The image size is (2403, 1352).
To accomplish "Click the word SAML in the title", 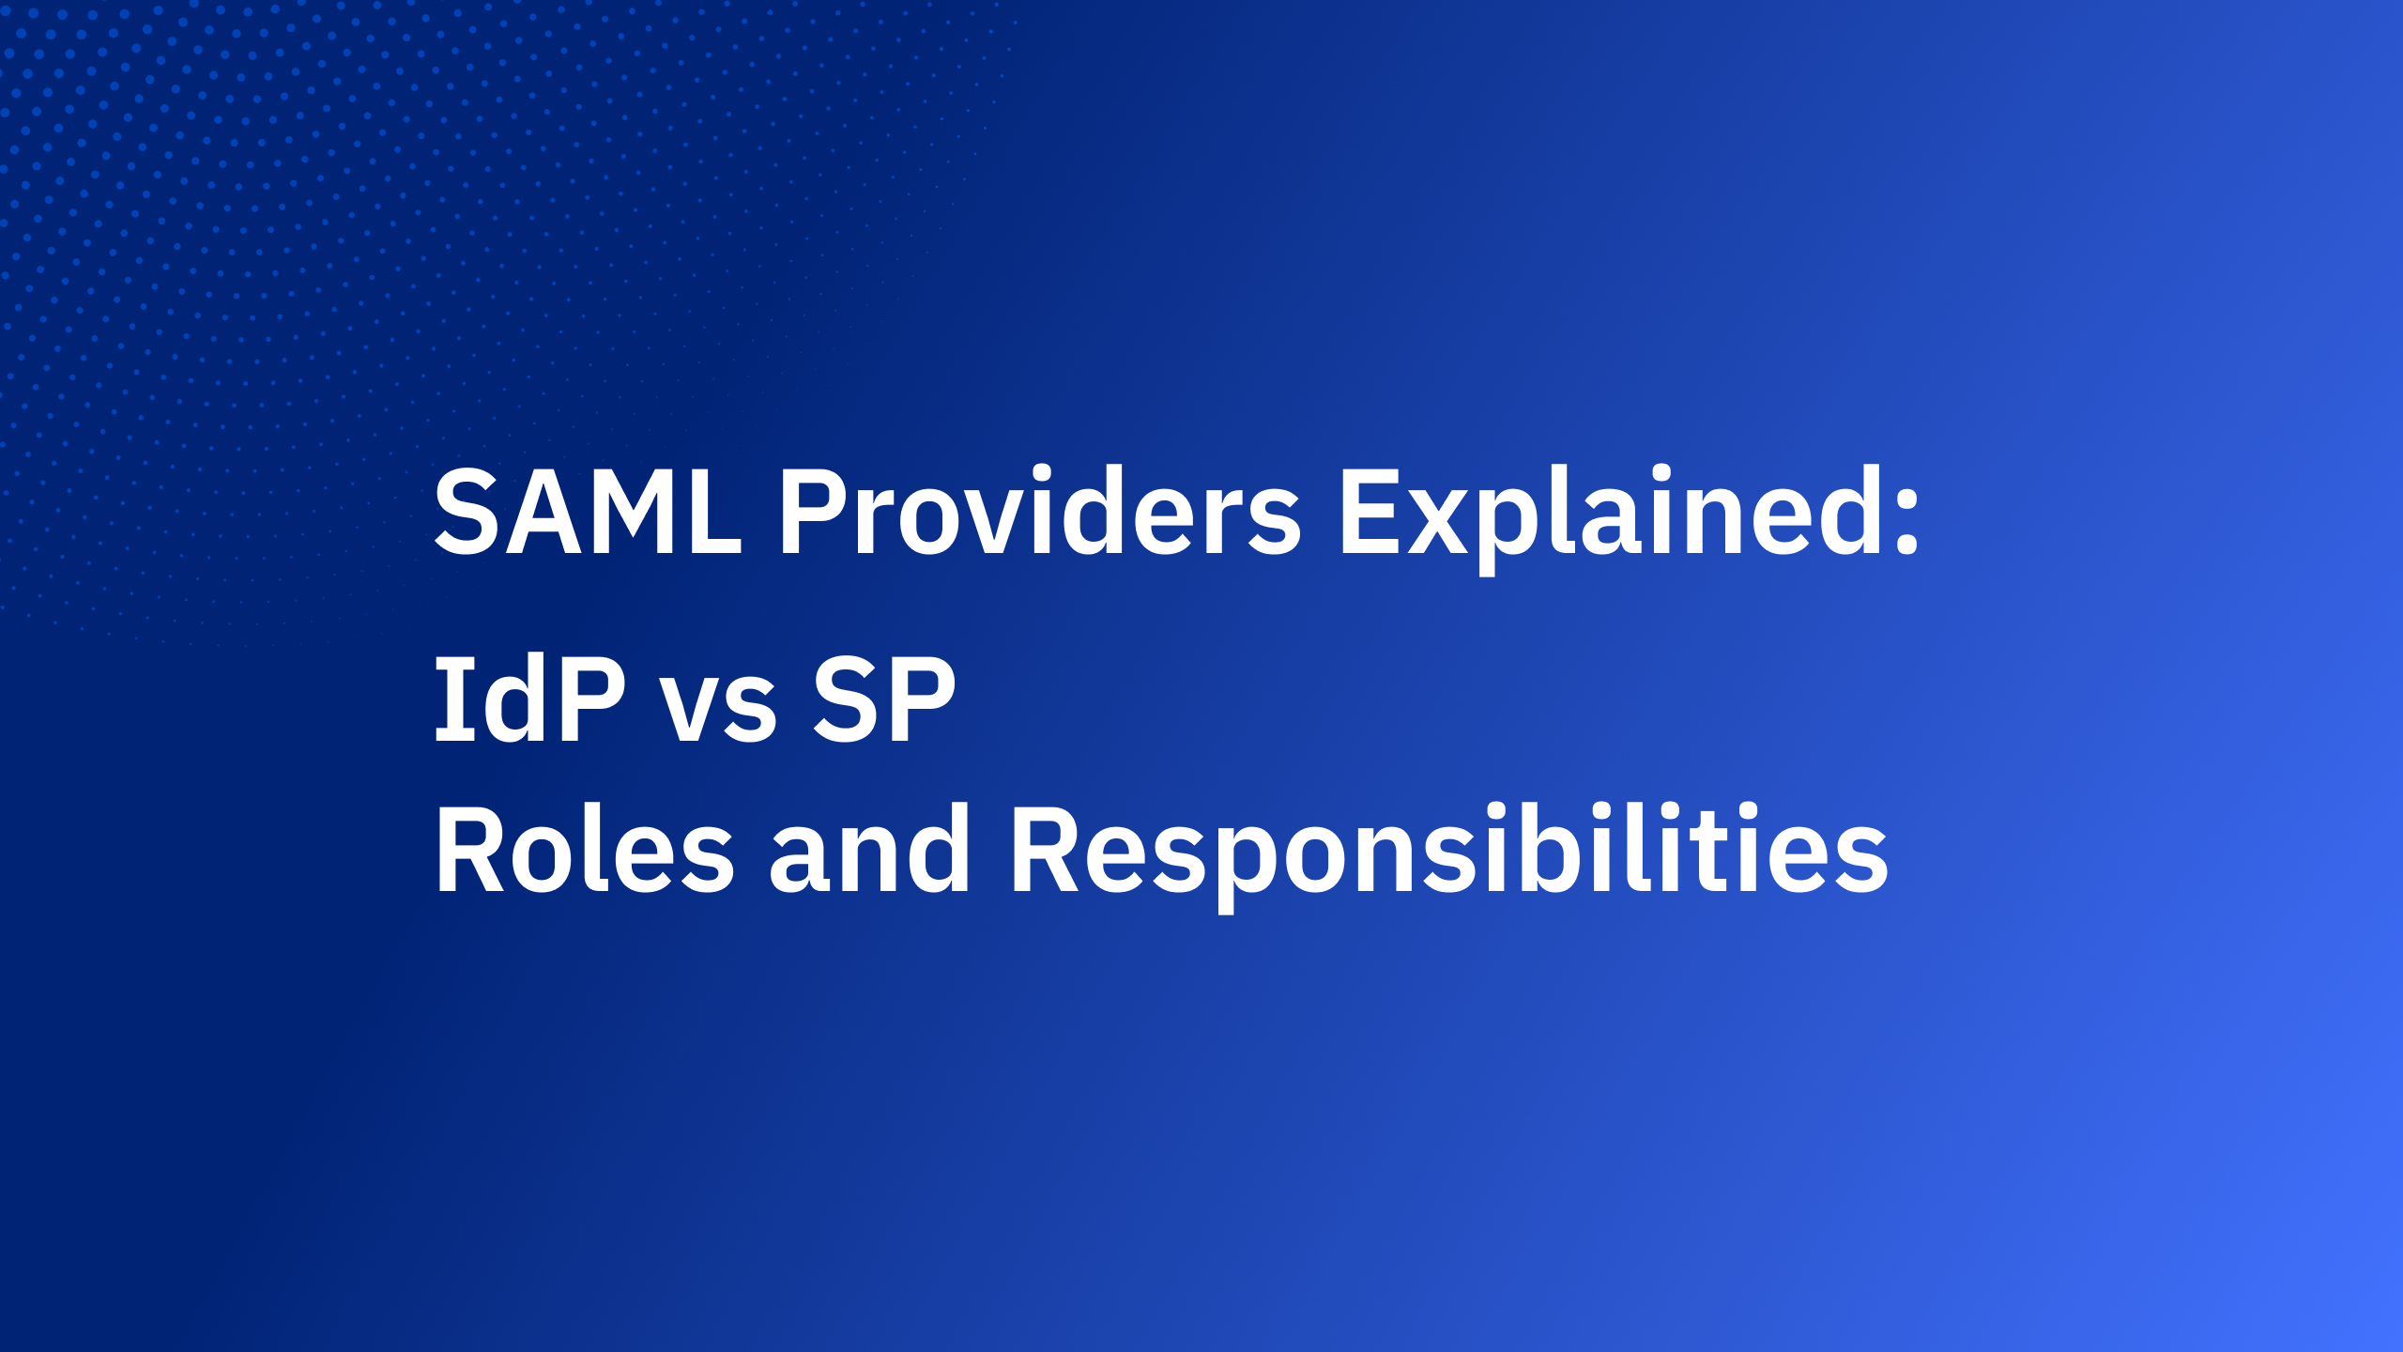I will point(588,513).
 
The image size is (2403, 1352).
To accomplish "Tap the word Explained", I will point(1609,513).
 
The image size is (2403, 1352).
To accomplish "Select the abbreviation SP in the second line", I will point(883,699).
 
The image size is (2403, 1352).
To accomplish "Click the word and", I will point(869,851).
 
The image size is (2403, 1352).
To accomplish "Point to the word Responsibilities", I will point(1446,851).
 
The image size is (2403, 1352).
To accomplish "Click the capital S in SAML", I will point(467,513).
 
